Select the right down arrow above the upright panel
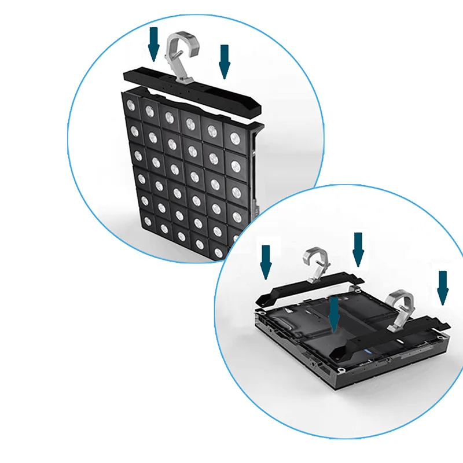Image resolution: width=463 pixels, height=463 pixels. point(225,61)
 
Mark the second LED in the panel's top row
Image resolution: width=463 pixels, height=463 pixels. point(149,111)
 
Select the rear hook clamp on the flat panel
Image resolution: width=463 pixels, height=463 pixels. point(315,263)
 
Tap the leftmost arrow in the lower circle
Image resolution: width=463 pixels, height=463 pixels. point(266,261)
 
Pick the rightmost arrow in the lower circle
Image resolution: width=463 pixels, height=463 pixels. point(443,286)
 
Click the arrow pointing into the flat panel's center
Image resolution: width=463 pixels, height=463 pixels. point(333,313)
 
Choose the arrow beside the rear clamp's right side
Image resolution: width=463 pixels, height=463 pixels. point(358,249)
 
